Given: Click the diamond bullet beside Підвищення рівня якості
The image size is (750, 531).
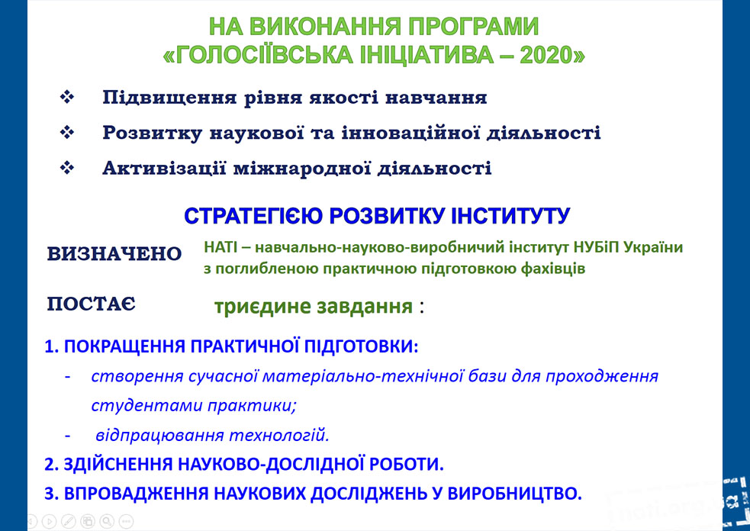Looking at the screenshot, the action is (67, 97).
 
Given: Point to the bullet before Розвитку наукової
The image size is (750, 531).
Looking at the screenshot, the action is (67, 133).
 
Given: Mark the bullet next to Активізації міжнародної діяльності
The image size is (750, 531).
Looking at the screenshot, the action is (67, 168).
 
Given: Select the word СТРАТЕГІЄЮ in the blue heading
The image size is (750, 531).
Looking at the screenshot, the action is (253, 216).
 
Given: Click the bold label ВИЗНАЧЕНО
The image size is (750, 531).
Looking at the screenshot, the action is (114, 253).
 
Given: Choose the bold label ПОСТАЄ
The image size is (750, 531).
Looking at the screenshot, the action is (92, 304).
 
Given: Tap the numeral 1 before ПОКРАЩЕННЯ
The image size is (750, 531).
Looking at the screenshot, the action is (50, 346).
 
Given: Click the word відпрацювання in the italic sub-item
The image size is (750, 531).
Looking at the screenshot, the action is (160, 436).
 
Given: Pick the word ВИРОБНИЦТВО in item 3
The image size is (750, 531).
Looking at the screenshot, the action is (511, 493).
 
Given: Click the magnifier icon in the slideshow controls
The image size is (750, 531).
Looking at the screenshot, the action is (107, 521).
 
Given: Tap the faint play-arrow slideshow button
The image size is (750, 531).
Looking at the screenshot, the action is (50, 521).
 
